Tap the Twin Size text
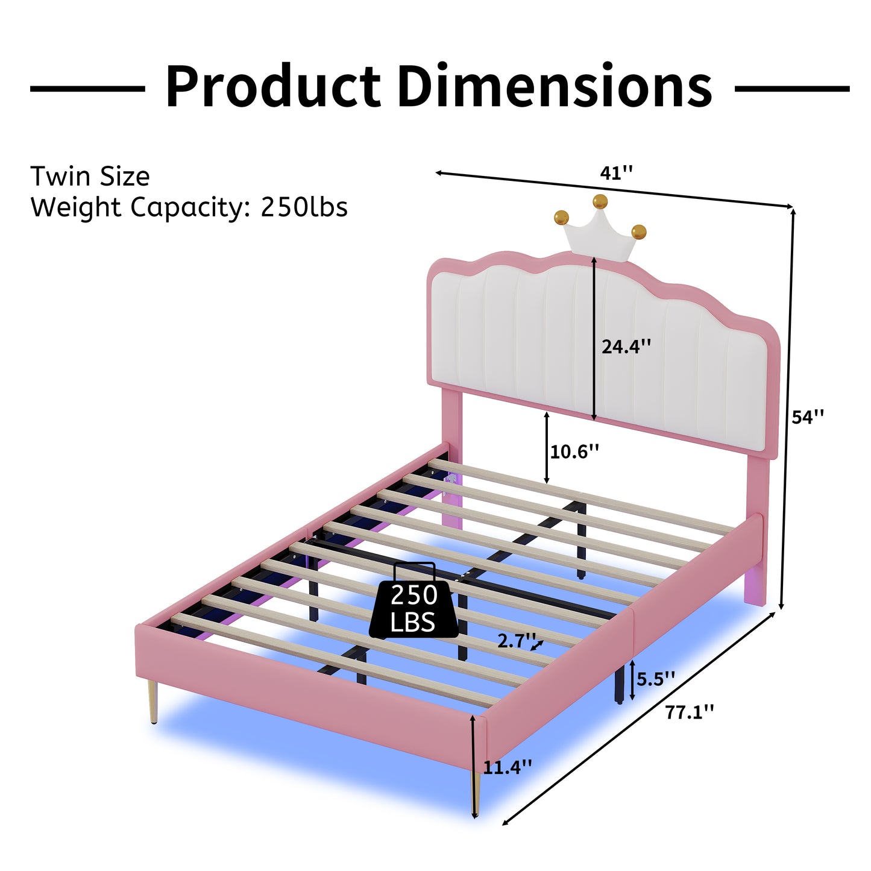[90, 177]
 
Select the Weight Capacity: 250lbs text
[189, 207]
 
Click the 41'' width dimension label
[616, 174]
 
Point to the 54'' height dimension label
[808, 417]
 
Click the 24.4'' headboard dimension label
[626, 347]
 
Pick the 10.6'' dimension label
[574, 451]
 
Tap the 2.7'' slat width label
[517, 641]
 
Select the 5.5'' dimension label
[656, 679]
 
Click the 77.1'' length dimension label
[690, 712]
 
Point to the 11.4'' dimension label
[508, 767]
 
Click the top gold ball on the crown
[600, 201]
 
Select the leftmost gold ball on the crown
[561, 216]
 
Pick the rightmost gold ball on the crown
[639, 231]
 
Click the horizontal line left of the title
[87, 89]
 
